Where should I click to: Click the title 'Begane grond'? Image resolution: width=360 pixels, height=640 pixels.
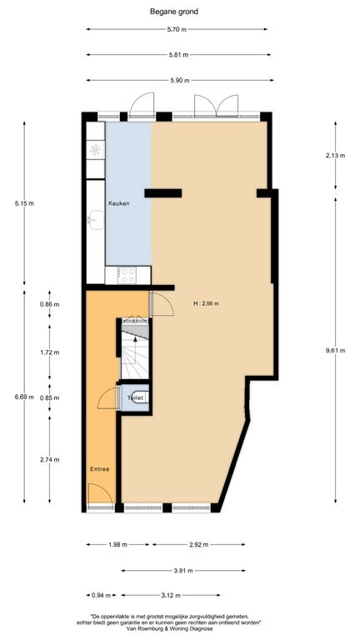(x=174, y=12)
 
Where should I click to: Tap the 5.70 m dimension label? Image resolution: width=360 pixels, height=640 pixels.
(x=177, y=29)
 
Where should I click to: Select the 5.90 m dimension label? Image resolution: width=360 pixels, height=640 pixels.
(x=180, y=80)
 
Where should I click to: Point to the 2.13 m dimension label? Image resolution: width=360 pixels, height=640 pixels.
(x=336, y=155)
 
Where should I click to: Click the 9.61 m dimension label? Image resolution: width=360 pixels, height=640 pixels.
(x=336, y=350)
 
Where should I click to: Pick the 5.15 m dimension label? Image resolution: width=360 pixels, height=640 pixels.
(x=24, y=203)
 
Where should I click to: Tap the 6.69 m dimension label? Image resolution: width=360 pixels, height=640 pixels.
(x=24, y=397)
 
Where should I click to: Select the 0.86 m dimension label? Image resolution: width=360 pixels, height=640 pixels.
(x=50, y=304)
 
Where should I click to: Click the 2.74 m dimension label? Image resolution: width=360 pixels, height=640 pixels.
(x=50, y=460)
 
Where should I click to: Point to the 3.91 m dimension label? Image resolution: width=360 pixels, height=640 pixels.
(x=182, y=571)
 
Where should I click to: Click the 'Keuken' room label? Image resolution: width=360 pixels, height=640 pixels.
(x=119, y=203)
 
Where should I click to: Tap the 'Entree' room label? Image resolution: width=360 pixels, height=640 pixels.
(x=100, y=469)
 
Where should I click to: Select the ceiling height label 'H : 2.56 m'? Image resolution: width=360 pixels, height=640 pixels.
(x=206, y=303)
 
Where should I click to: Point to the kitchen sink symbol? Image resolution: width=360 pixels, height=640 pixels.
(x=95, y=220)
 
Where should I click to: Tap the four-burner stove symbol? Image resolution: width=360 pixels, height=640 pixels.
(x=127, y=275)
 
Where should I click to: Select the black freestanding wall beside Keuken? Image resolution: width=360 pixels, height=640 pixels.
(x=163, y=193)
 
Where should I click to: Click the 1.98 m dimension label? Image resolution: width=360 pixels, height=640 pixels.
(x=118, y=544)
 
